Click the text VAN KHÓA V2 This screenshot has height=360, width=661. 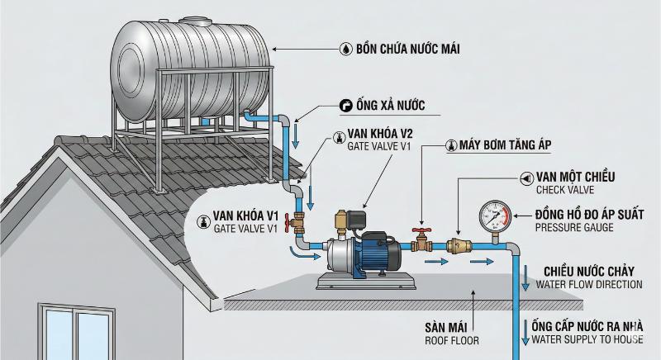point(380,133)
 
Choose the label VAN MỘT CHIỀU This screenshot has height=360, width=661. point(575,177)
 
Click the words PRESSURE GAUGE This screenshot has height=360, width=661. point(574,227)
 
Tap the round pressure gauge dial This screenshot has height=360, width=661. point(496,216)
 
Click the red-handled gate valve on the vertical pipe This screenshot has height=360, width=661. point(293,222)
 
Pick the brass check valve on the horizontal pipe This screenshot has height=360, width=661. point(459,245)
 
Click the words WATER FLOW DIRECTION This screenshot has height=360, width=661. point(588,284)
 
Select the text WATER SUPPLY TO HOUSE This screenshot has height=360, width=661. point(587,339)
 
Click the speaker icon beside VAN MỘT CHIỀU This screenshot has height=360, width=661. point(526,178)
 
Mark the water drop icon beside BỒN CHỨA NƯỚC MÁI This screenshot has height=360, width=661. point(345,50)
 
